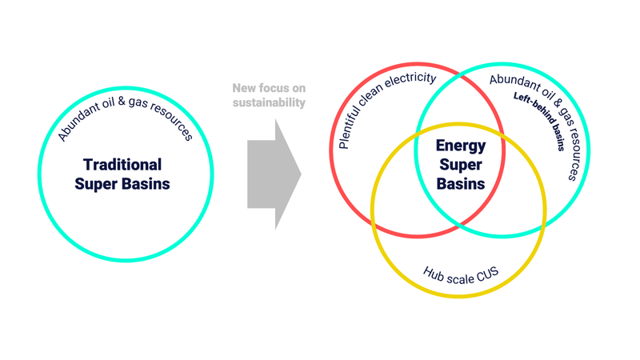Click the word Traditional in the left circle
122,165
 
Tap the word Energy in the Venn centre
461,146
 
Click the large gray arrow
274,174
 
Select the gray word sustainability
269,102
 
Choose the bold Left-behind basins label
540,121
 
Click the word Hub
434,274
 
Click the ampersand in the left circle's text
122,101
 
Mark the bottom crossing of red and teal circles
459,225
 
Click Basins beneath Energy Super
461,184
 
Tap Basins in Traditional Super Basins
146,184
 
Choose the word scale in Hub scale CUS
461,278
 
